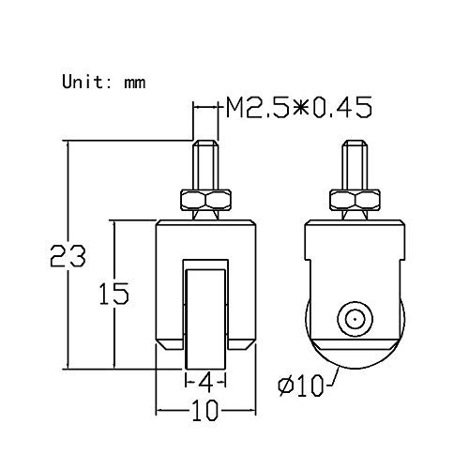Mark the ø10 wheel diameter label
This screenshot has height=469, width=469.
click(x=301, y=386)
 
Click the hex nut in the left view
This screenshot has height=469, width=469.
click(x=205, y=199)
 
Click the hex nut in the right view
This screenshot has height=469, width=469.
click(x=355, y=199)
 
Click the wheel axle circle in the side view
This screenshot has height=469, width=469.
click(x=355, y=319)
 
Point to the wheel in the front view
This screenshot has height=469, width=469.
click(x=204, y=319)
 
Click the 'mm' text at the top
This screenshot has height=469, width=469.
click(x=134, y=82)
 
